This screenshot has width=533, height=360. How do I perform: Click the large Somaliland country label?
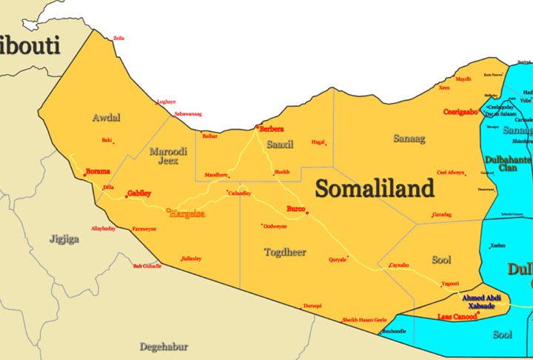tap(375, 189)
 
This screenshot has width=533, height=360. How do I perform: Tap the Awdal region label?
tap(107, 118)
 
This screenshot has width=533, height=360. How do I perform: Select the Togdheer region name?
tap(285, 253)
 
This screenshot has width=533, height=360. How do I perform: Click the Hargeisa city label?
tap(188, 214)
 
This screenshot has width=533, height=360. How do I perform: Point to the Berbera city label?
tap(271, 129)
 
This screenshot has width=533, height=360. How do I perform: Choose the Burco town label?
tap(295, 208)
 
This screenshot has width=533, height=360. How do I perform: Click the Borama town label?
tap(98, 171)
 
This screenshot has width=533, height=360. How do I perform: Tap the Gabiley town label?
tap(139, 193)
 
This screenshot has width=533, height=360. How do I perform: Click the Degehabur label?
tap(164, 346)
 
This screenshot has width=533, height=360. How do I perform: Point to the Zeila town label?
tap(118, 38)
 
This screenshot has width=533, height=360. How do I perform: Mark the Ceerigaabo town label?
tap(460, 112)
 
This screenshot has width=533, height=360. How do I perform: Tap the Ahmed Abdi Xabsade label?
tap(481, 301)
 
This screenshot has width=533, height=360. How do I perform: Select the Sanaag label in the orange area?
tap(409, 137)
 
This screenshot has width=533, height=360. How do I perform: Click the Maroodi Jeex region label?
tap(168, 156)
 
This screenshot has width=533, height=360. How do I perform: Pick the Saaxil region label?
tap(280, 144)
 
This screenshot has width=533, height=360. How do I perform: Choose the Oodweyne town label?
tap(275, 226)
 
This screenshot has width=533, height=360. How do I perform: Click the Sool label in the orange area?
tap(441, 260)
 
